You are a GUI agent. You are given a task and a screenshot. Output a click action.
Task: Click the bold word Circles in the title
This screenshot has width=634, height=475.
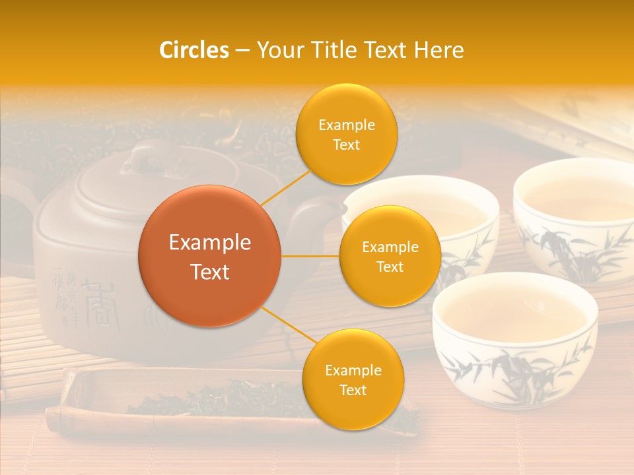(x=194, y=50)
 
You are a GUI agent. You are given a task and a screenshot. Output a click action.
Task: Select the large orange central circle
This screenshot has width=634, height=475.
(x=209, y=256)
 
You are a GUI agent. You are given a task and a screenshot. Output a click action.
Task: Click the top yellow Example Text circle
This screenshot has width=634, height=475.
(x=346, y=134)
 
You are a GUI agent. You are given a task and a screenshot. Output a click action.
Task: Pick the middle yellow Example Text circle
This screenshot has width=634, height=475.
(x=390, y=256)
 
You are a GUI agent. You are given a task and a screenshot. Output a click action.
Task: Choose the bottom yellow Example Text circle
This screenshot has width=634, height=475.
(x=353, y=379)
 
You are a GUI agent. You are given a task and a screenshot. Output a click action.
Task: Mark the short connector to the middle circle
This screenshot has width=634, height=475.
(x=310, y=256)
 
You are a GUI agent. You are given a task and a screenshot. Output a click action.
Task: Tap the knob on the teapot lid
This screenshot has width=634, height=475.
(x=147, y=158)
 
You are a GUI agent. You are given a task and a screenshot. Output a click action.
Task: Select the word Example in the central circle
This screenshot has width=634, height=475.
(x=209, y=243)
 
